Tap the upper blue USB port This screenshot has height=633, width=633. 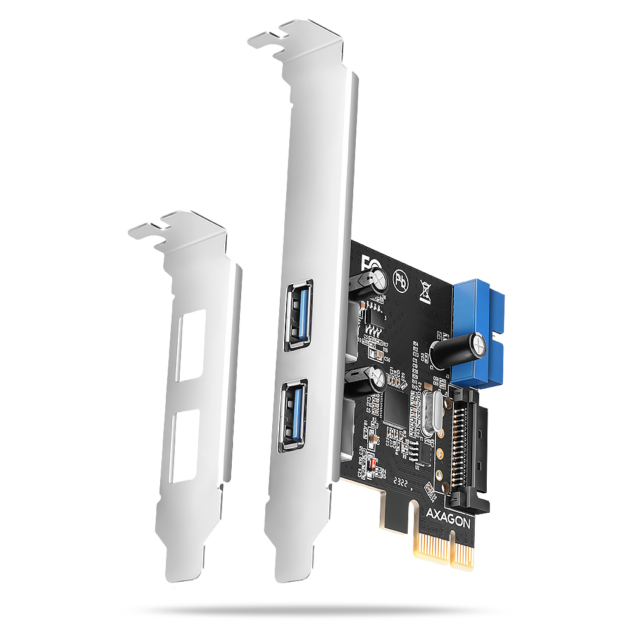(x=298, y=315)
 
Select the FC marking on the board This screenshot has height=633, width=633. (x=366, y=261)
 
